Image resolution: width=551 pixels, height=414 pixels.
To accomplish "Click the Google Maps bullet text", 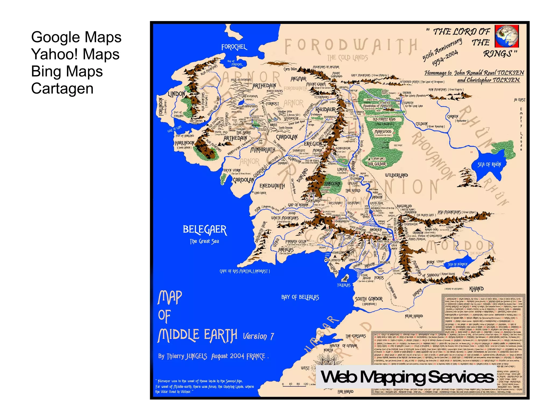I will [76, 37].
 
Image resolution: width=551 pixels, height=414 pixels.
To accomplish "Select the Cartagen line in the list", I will [62, 88].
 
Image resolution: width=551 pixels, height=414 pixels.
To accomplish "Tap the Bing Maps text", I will [67, 71].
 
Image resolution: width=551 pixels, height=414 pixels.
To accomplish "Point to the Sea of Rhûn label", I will [489, 165].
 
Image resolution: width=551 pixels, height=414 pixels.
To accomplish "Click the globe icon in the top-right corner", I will [507, 36].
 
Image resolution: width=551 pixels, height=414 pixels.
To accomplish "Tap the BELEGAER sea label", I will [205, 230].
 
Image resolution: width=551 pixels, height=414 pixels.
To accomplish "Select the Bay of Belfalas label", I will [300, 297].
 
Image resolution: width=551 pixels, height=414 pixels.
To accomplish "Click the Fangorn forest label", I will [333, 183].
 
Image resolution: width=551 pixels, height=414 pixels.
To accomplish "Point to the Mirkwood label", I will [383, 132].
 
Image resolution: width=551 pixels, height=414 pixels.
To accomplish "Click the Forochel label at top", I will [234, 47].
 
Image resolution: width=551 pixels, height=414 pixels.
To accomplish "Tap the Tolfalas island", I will [345, 278].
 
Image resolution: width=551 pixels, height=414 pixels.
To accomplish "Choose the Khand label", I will [476, 289].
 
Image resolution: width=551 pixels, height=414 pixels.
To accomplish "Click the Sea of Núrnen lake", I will [457, 265].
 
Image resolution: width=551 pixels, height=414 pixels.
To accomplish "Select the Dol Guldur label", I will [377, 164].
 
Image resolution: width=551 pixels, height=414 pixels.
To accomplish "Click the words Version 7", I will [258, 336].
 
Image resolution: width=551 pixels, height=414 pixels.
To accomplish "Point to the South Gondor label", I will [369, 299].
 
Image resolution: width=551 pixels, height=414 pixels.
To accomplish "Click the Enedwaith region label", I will [272, 186].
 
